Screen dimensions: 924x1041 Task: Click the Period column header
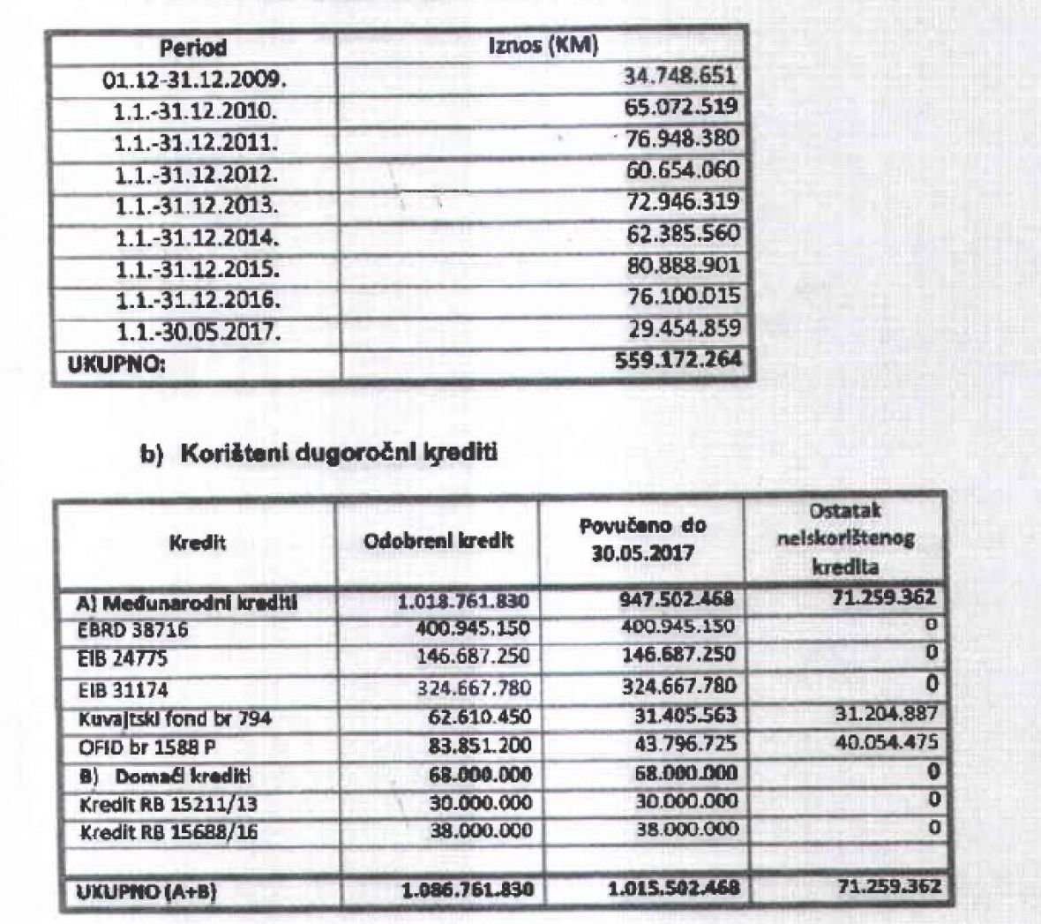click(x=193, y=48)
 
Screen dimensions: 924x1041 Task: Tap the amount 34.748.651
click(x=679, y=77)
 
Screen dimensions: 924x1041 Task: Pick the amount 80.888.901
click(x=681, y=266)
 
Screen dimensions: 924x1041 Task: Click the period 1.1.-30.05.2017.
click(x=196, y=332)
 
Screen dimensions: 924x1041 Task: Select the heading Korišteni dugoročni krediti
click(x=337, y=454)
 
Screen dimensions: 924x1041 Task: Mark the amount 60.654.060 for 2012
click(x=681, y=170)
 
